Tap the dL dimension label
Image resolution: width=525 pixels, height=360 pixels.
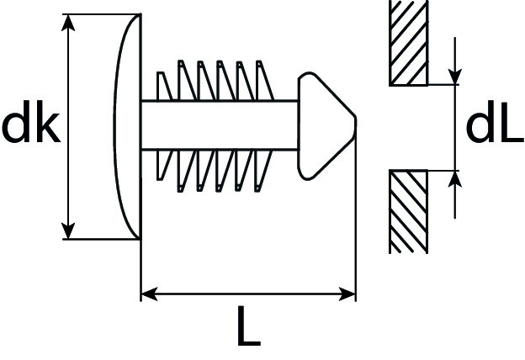pos(494,126)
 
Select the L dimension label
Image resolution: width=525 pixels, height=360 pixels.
pos(247,329)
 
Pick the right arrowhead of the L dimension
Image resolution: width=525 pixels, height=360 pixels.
pos(348,294)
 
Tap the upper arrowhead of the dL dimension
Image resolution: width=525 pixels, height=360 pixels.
pos(455,78)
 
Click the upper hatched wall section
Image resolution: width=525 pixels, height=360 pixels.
pos(409,42)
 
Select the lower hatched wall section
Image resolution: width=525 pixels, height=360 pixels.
pos(409,211)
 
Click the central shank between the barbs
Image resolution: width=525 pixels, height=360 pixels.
pos(219,126)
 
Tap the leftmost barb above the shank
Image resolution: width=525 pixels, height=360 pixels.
pos(163,87)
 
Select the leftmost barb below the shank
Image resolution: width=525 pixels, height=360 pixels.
pos(163,166)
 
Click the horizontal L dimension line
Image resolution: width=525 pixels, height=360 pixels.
pos(248,294)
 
